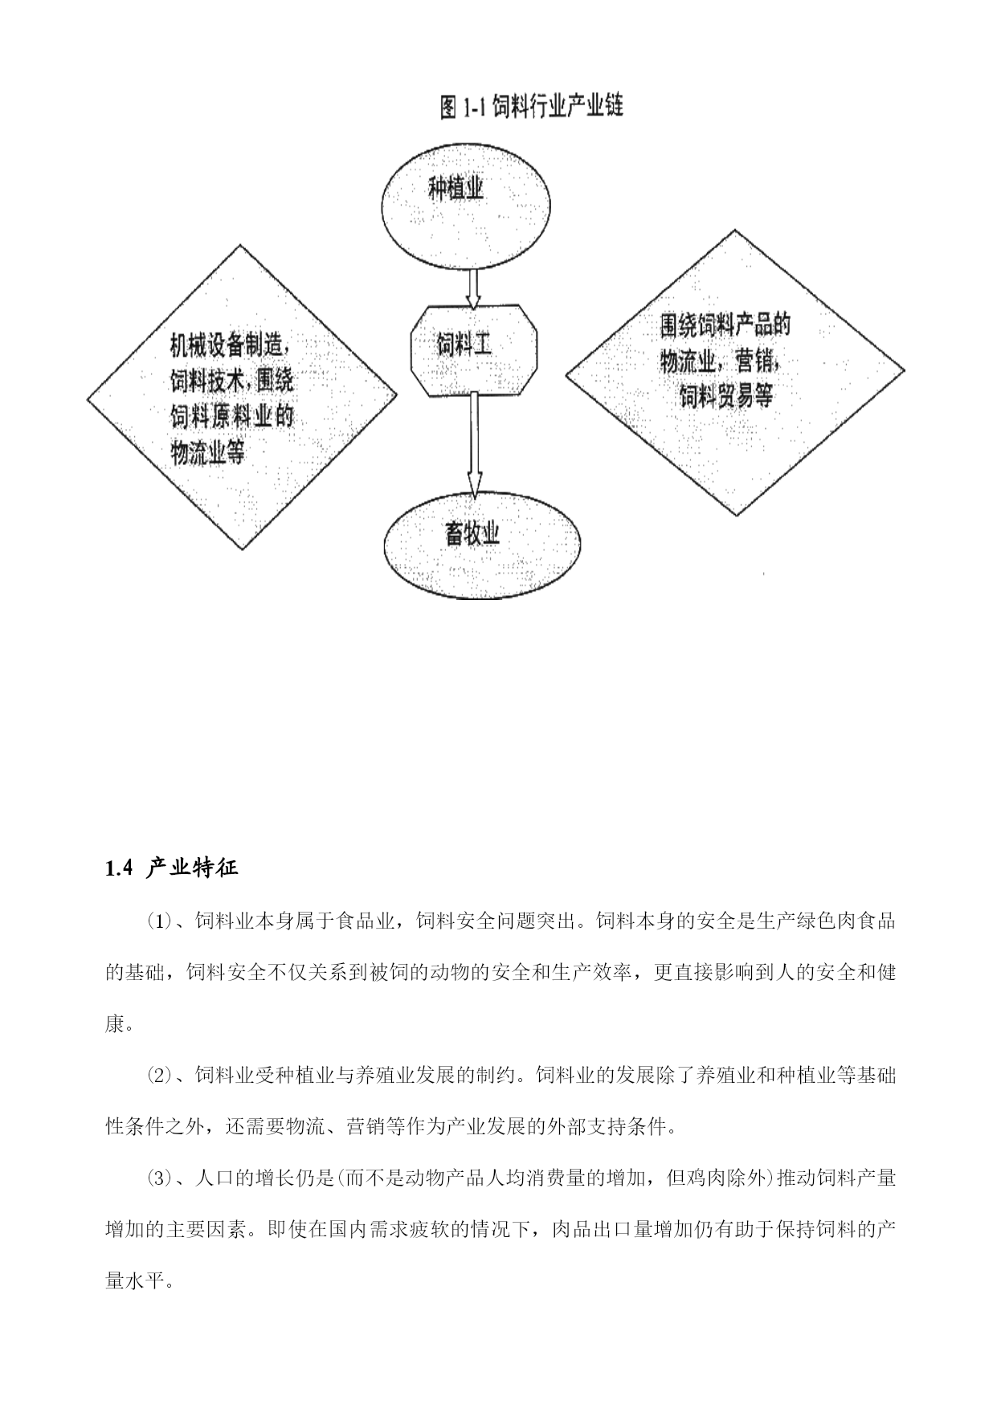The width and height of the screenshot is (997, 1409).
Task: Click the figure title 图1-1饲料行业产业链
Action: [x=532, y=107]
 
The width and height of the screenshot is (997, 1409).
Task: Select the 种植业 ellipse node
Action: [x=466, y=204]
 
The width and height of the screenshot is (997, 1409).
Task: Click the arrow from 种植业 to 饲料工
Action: [x=473, y=288]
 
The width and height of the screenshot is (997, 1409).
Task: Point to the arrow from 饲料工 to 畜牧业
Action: [x=475, y=444]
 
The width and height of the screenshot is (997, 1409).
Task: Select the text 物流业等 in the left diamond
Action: [x=207, y=453]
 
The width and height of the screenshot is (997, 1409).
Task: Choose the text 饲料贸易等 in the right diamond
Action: [x=726, y=396]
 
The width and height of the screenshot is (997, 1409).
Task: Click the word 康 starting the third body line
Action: [x=115, y=1024]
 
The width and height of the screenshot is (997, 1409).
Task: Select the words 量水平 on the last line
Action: [x=135, y=1280]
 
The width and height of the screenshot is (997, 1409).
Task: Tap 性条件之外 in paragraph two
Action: [x=155, y=1126]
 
